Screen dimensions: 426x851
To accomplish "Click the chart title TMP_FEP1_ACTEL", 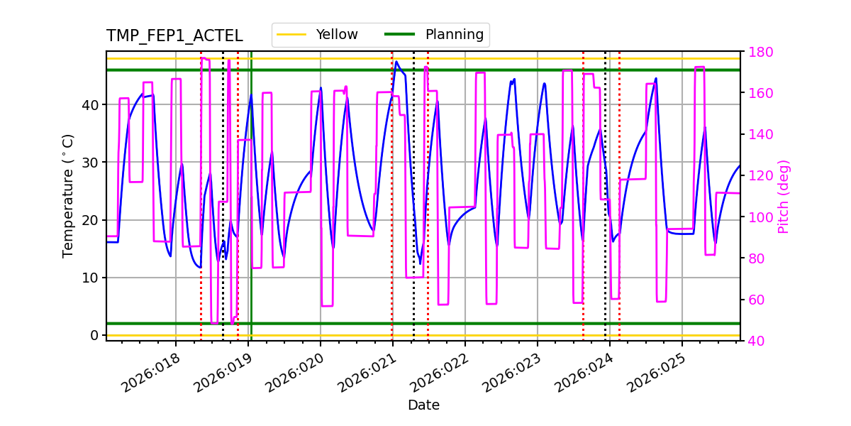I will tap(174, 36).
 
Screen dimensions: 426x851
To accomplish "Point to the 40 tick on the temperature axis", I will tap(91, 104).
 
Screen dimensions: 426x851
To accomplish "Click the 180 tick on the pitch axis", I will tap(757, 52).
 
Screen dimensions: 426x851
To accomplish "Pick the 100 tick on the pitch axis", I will tap(757, 217).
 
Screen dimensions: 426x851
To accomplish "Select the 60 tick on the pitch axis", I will tap(753, 300).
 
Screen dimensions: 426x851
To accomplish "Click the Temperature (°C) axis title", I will tap(68, 195).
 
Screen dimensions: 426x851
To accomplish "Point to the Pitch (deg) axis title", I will tap(784, 196).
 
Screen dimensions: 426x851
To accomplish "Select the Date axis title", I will tap(423, 405).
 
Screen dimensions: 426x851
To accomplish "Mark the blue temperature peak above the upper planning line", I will tap(396, 62).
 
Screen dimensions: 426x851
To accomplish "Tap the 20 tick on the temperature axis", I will tap(91, 220).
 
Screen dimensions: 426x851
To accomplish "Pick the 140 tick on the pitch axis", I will tap(757, 134).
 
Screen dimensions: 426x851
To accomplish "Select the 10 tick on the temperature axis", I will tap(91, 278).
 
